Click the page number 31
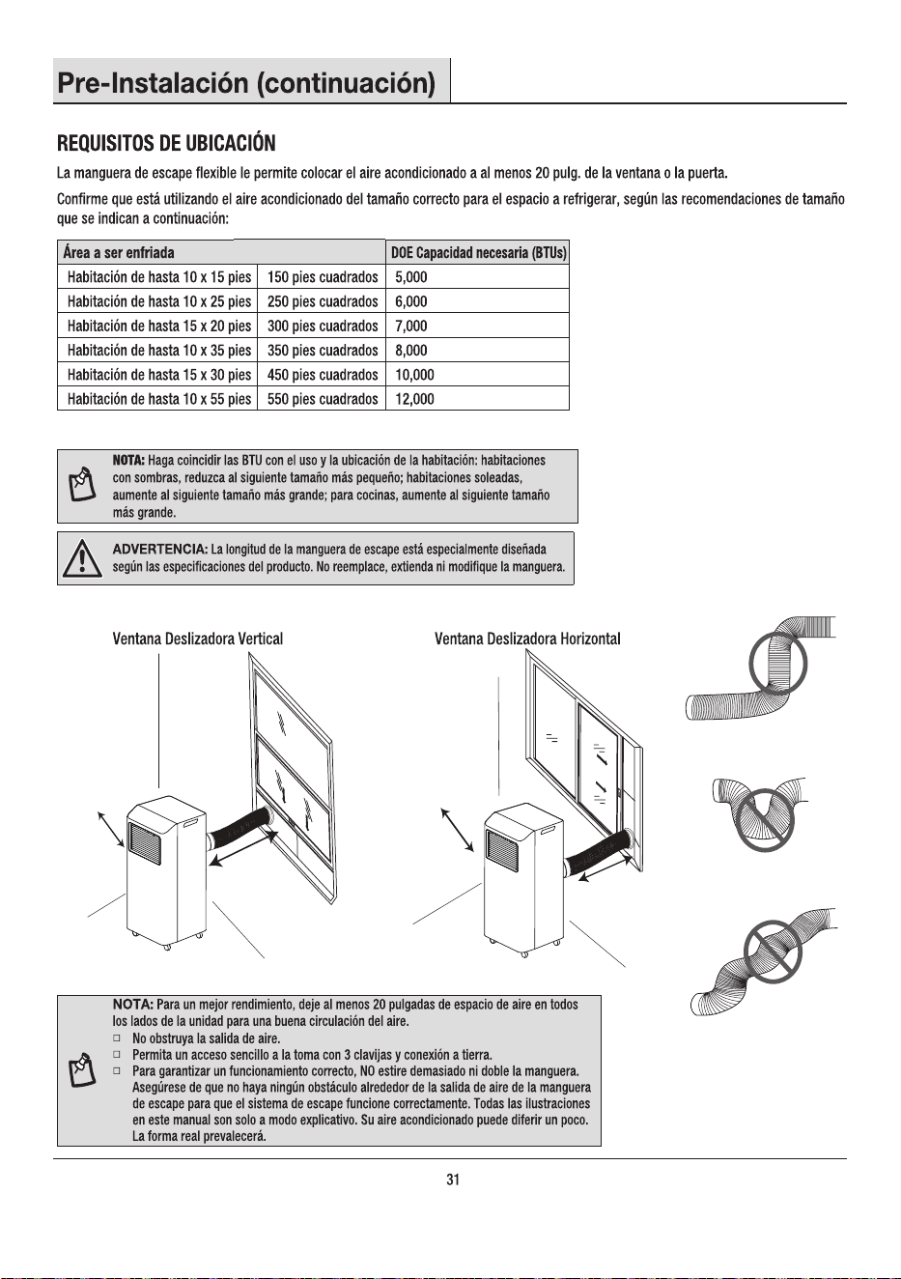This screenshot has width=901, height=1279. click(453, 1180)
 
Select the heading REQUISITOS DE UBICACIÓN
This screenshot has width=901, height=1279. click(166, 143)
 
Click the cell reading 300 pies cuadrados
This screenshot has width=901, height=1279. click(323, 327)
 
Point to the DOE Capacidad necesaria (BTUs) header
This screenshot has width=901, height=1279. click(478, 253)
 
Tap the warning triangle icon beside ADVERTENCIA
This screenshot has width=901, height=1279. click(82, 559)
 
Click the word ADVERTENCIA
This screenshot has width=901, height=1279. click(160, 550)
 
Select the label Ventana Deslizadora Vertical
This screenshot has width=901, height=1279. click(198, 639)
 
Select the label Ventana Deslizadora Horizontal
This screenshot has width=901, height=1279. click(527, 639)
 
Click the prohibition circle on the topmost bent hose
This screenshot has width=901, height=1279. click(778, 664)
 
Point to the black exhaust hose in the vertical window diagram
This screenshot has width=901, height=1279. click(239, 830)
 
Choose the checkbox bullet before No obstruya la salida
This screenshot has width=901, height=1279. click(117, 1037)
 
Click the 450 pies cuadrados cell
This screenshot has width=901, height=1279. click(323, 375)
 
